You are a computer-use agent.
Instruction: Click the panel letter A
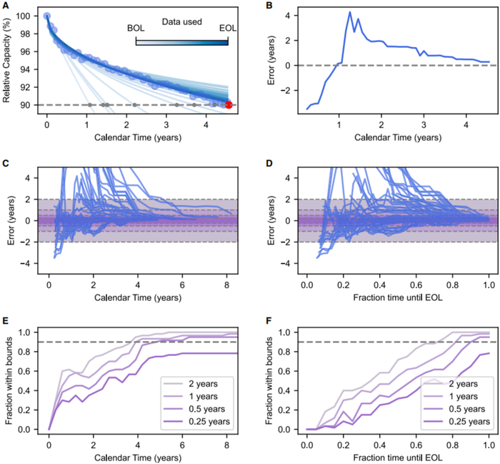click(5, 6)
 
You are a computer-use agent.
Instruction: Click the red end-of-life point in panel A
click(229, 104)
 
